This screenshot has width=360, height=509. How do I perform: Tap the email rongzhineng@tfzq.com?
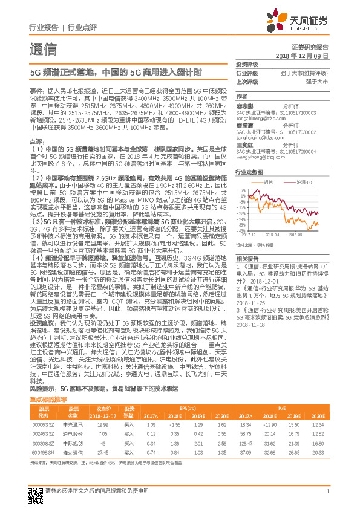coord(256,118)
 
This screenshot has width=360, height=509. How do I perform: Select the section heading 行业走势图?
coord(246,172)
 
